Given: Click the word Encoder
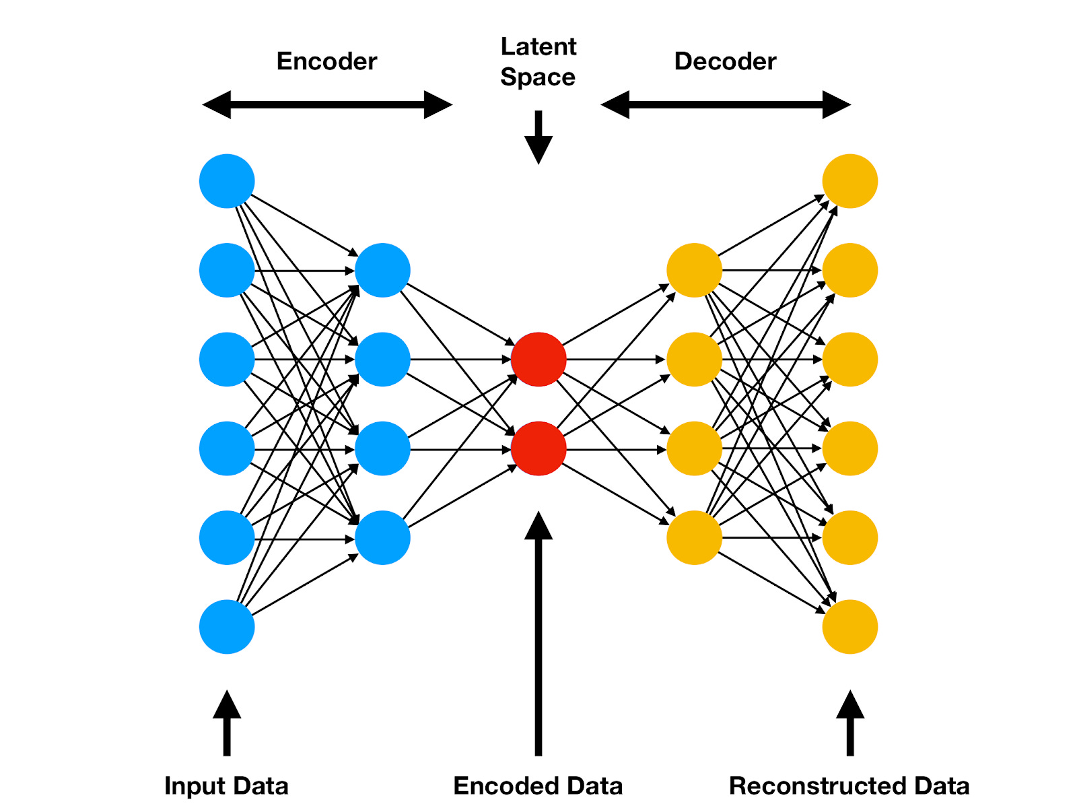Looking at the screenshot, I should pos(326,61).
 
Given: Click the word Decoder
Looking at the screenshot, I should pos(725,61).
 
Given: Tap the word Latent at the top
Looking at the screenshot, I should pos(538,46).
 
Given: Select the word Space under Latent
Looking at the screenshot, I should pos(538,77).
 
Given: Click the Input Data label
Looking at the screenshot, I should pos(226,786).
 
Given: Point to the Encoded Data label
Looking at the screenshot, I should pos(538,786).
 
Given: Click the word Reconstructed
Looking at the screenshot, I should pos(818,786).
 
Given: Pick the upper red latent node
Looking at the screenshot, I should pos(538,359).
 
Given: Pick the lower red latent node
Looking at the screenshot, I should pos(538,448).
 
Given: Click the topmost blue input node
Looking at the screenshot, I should pos(227,181).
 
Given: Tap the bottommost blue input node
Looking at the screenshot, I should pos(227,627).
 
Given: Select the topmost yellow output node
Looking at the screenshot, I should pos(850,181).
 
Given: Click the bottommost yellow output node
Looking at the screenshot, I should pos(850,627).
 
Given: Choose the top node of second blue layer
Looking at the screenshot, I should pos(382,270).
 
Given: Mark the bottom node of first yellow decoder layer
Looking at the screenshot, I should pos(694,537).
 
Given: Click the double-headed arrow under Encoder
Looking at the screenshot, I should pos(327,105).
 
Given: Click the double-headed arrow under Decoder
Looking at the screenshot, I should pos(726,105).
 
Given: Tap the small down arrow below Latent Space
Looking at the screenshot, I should pos(538,138).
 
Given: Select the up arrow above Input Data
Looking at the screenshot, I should pos(227,724).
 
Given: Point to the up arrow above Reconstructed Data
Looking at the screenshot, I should pos(850,724).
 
